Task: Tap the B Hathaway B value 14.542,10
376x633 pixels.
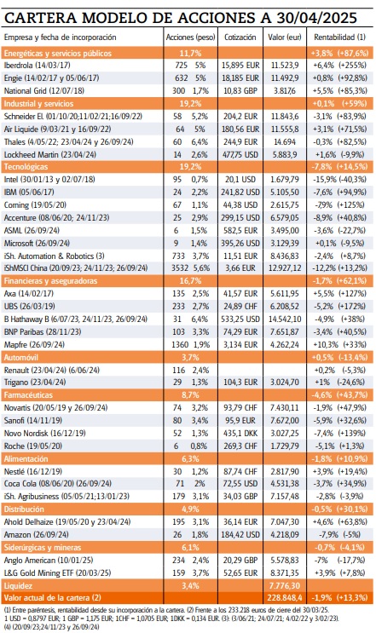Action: pos(289,294)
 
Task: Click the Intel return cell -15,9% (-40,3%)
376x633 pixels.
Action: pos(340,180)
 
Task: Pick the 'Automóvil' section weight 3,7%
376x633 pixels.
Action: pos(190,333)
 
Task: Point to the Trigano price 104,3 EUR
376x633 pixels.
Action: pos(240,358)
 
